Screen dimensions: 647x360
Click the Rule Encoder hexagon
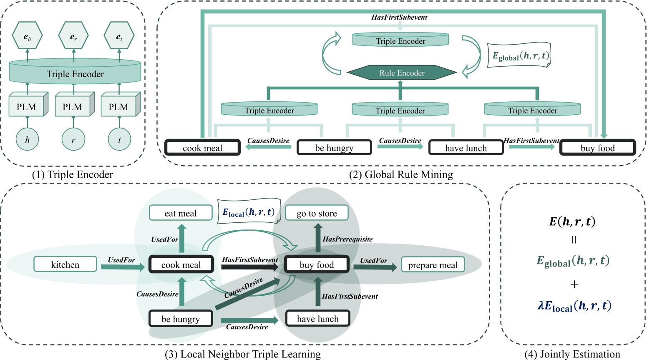(x=401, y=73)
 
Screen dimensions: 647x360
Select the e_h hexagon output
(x=27, y=35)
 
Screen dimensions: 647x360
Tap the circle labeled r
(x=73, y=140)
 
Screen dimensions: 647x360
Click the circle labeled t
(x=119, y=140)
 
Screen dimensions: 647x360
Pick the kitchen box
(x=65, y=264)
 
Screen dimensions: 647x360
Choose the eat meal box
(x=181, y=213)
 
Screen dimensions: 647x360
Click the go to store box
(x=317, y=213)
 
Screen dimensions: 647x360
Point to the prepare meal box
(x=433, y=264)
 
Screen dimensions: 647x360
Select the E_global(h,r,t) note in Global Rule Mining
(x=519, y=55)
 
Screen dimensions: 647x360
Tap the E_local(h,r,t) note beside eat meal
(x=249, y=211)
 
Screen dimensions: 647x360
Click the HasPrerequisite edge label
(x=347, y=239)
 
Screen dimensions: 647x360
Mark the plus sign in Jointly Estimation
(x=574, y=284)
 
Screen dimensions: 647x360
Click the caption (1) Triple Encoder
(x=73, y=174)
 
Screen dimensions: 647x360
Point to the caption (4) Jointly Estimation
(x=572, y=354)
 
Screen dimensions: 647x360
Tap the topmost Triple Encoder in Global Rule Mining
(x=400, y=40)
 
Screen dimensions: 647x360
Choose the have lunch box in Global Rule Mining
(x=466, y=148)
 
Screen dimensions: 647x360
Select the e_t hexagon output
(x=119, y=35)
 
